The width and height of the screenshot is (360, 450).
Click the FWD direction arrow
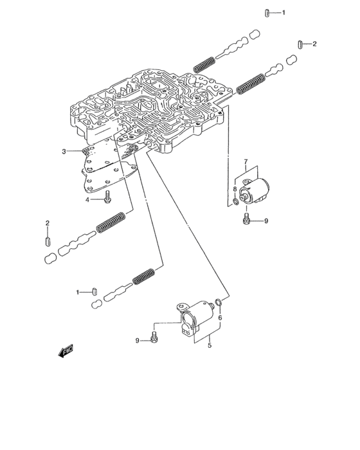66,350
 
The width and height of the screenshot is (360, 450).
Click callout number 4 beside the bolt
89,200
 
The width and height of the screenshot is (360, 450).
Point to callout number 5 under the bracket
209,346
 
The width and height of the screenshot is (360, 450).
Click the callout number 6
219,317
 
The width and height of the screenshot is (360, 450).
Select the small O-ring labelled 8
237,203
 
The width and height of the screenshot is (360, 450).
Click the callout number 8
235,190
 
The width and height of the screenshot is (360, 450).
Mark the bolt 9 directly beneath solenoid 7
248,221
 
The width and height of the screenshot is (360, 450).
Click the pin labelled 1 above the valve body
266,12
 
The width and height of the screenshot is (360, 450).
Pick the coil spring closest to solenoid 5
145,276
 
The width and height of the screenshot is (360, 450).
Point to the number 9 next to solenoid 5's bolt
137,339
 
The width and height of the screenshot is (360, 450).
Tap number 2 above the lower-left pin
48,223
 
